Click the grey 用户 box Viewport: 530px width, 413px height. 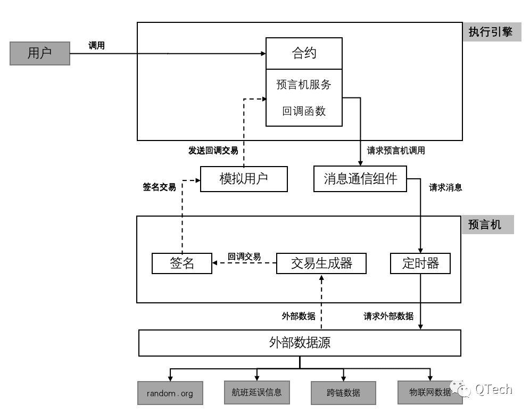(40, 53)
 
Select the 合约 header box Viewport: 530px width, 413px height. (304, 53)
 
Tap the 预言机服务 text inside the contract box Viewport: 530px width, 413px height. (304, 85)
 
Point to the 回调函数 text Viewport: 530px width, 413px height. (304, 111)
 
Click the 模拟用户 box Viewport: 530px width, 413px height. (244, 179)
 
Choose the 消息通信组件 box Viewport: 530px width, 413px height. (360, 179)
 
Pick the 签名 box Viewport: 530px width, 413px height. (182, 263)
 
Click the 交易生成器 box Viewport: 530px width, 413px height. (321, 263)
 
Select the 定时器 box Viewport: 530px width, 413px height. (420, 263)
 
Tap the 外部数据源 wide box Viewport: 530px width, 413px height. (300, 343)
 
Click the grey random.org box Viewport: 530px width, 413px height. (170, 394)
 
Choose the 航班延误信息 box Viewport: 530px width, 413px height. (256, 393)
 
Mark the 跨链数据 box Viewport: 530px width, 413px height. (343, 393)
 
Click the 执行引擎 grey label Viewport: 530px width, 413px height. (490, 32)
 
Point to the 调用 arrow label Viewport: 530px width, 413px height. (96, 46)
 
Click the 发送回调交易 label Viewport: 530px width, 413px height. (213, 151)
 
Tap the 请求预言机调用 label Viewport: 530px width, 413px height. (396, 151)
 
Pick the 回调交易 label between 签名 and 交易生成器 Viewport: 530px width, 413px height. (244, 257)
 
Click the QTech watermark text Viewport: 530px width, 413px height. (493, 390)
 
